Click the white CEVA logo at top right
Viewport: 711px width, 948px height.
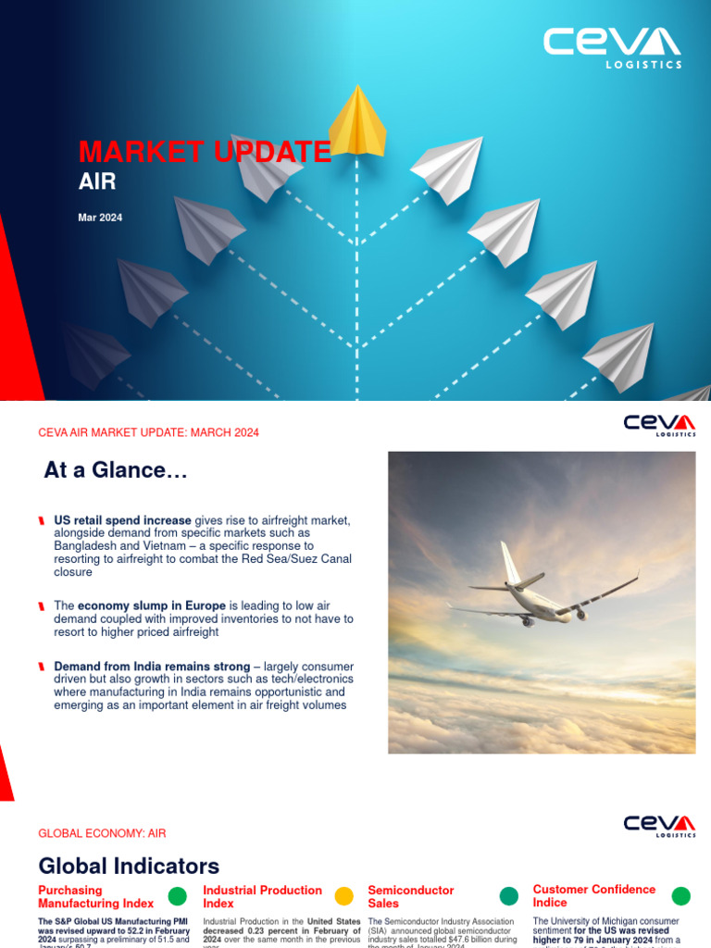coord(612,47)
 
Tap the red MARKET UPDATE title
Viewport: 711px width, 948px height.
coord(205,152)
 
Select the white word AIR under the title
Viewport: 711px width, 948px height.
coord(97,181)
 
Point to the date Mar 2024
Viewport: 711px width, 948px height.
coord(100,218)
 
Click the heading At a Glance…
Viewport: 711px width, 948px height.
coord(116,472)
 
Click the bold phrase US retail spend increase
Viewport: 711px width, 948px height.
coord(123,520)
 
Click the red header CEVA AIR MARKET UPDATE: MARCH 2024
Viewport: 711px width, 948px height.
coord(148,432)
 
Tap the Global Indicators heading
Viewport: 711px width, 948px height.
coord(129,867)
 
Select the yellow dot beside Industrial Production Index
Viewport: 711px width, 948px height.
coord(343,896)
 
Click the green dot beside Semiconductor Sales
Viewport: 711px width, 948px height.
coord(509,896)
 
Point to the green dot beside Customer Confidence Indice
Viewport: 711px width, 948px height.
coord(680,896)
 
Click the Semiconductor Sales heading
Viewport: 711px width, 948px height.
coord(411,896)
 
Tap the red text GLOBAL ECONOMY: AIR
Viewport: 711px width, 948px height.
coord(102,833)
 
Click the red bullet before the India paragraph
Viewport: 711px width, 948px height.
coord(43,667)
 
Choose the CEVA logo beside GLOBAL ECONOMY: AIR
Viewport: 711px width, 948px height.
coord(659,825)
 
